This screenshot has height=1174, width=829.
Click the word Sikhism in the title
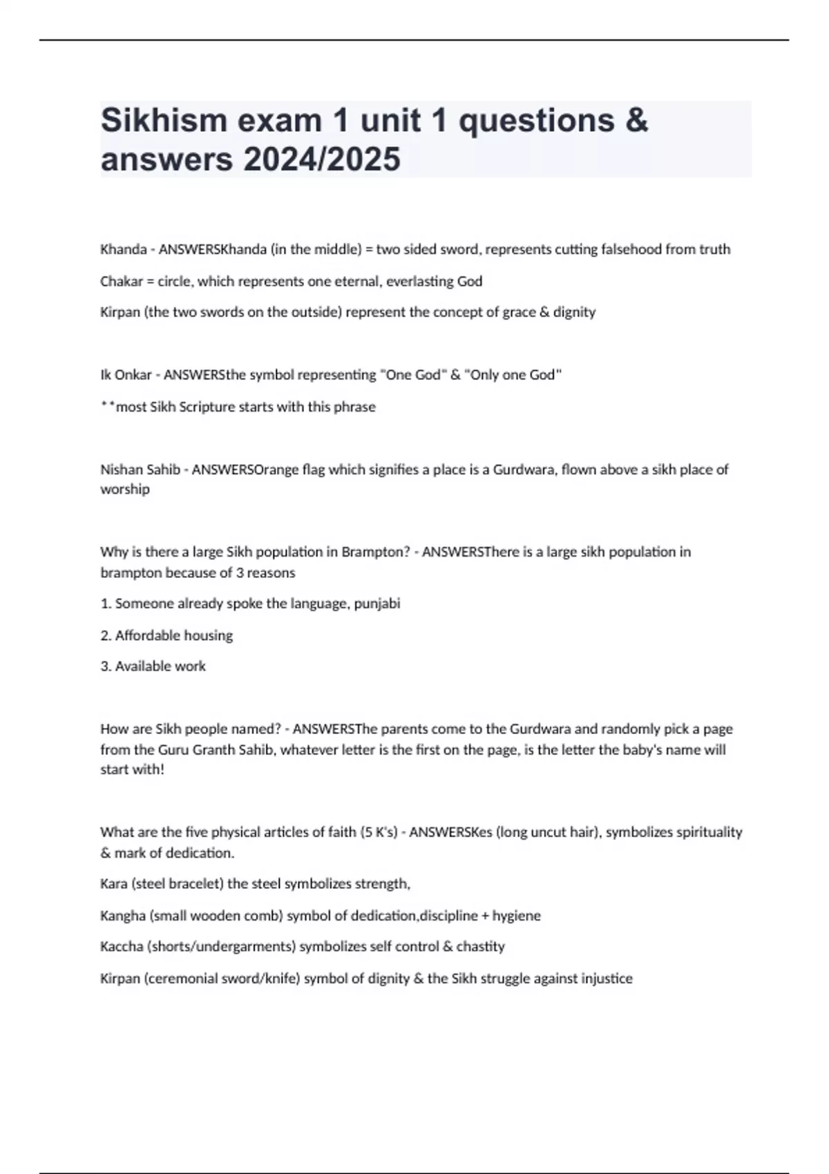pyautogui.click(x=164, y=120)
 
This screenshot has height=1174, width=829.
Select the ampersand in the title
pyautogui.click(x=637, y=120)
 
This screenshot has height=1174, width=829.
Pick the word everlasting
pyautogui.click(x=421, y=281)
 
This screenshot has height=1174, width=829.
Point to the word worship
pyautogui.click(x=125, y=490)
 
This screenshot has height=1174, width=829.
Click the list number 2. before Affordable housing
pyautogui.click(x=106, y=635)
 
